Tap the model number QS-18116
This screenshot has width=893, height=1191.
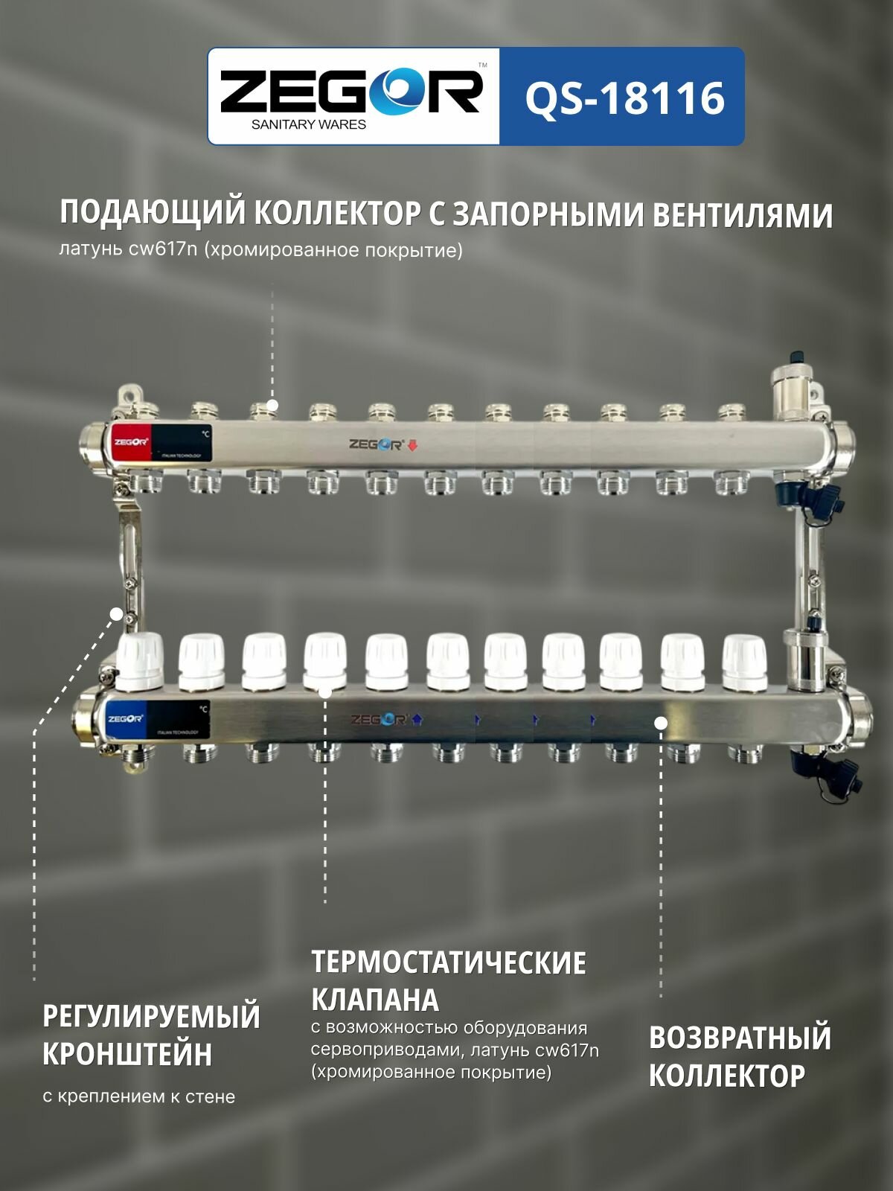click(x=624, y=98)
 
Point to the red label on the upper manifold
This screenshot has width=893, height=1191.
click(x=132, y=442)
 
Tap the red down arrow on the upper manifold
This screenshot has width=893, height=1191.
click(x=413, y=446)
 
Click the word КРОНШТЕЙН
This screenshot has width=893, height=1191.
click(x=127, y=1054)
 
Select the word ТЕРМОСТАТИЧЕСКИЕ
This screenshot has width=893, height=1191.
click(x=448, y=962)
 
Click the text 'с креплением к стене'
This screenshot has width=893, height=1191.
click(x=139, y=1096)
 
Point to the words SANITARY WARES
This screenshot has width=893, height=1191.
click(x=309, y=124)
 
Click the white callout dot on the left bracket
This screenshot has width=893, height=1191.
click(x=116, y=613)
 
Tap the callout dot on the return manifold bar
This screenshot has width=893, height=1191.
click(x=660, y=722)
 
